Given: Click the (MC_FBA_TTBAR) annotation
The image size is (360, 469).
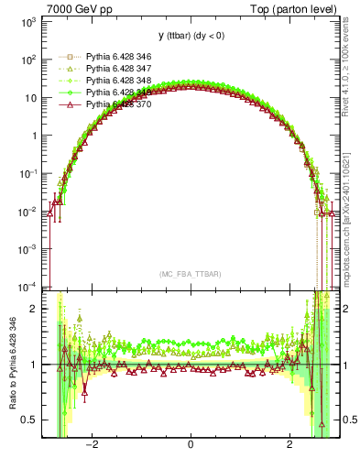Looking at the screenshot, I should pos(190,274).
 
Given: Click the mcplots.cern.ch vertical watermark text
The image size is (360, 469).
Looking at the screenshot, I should pos(345,211).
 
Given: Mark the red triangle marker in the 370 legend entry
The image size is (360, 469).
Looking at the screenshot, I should pos(65,104).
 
